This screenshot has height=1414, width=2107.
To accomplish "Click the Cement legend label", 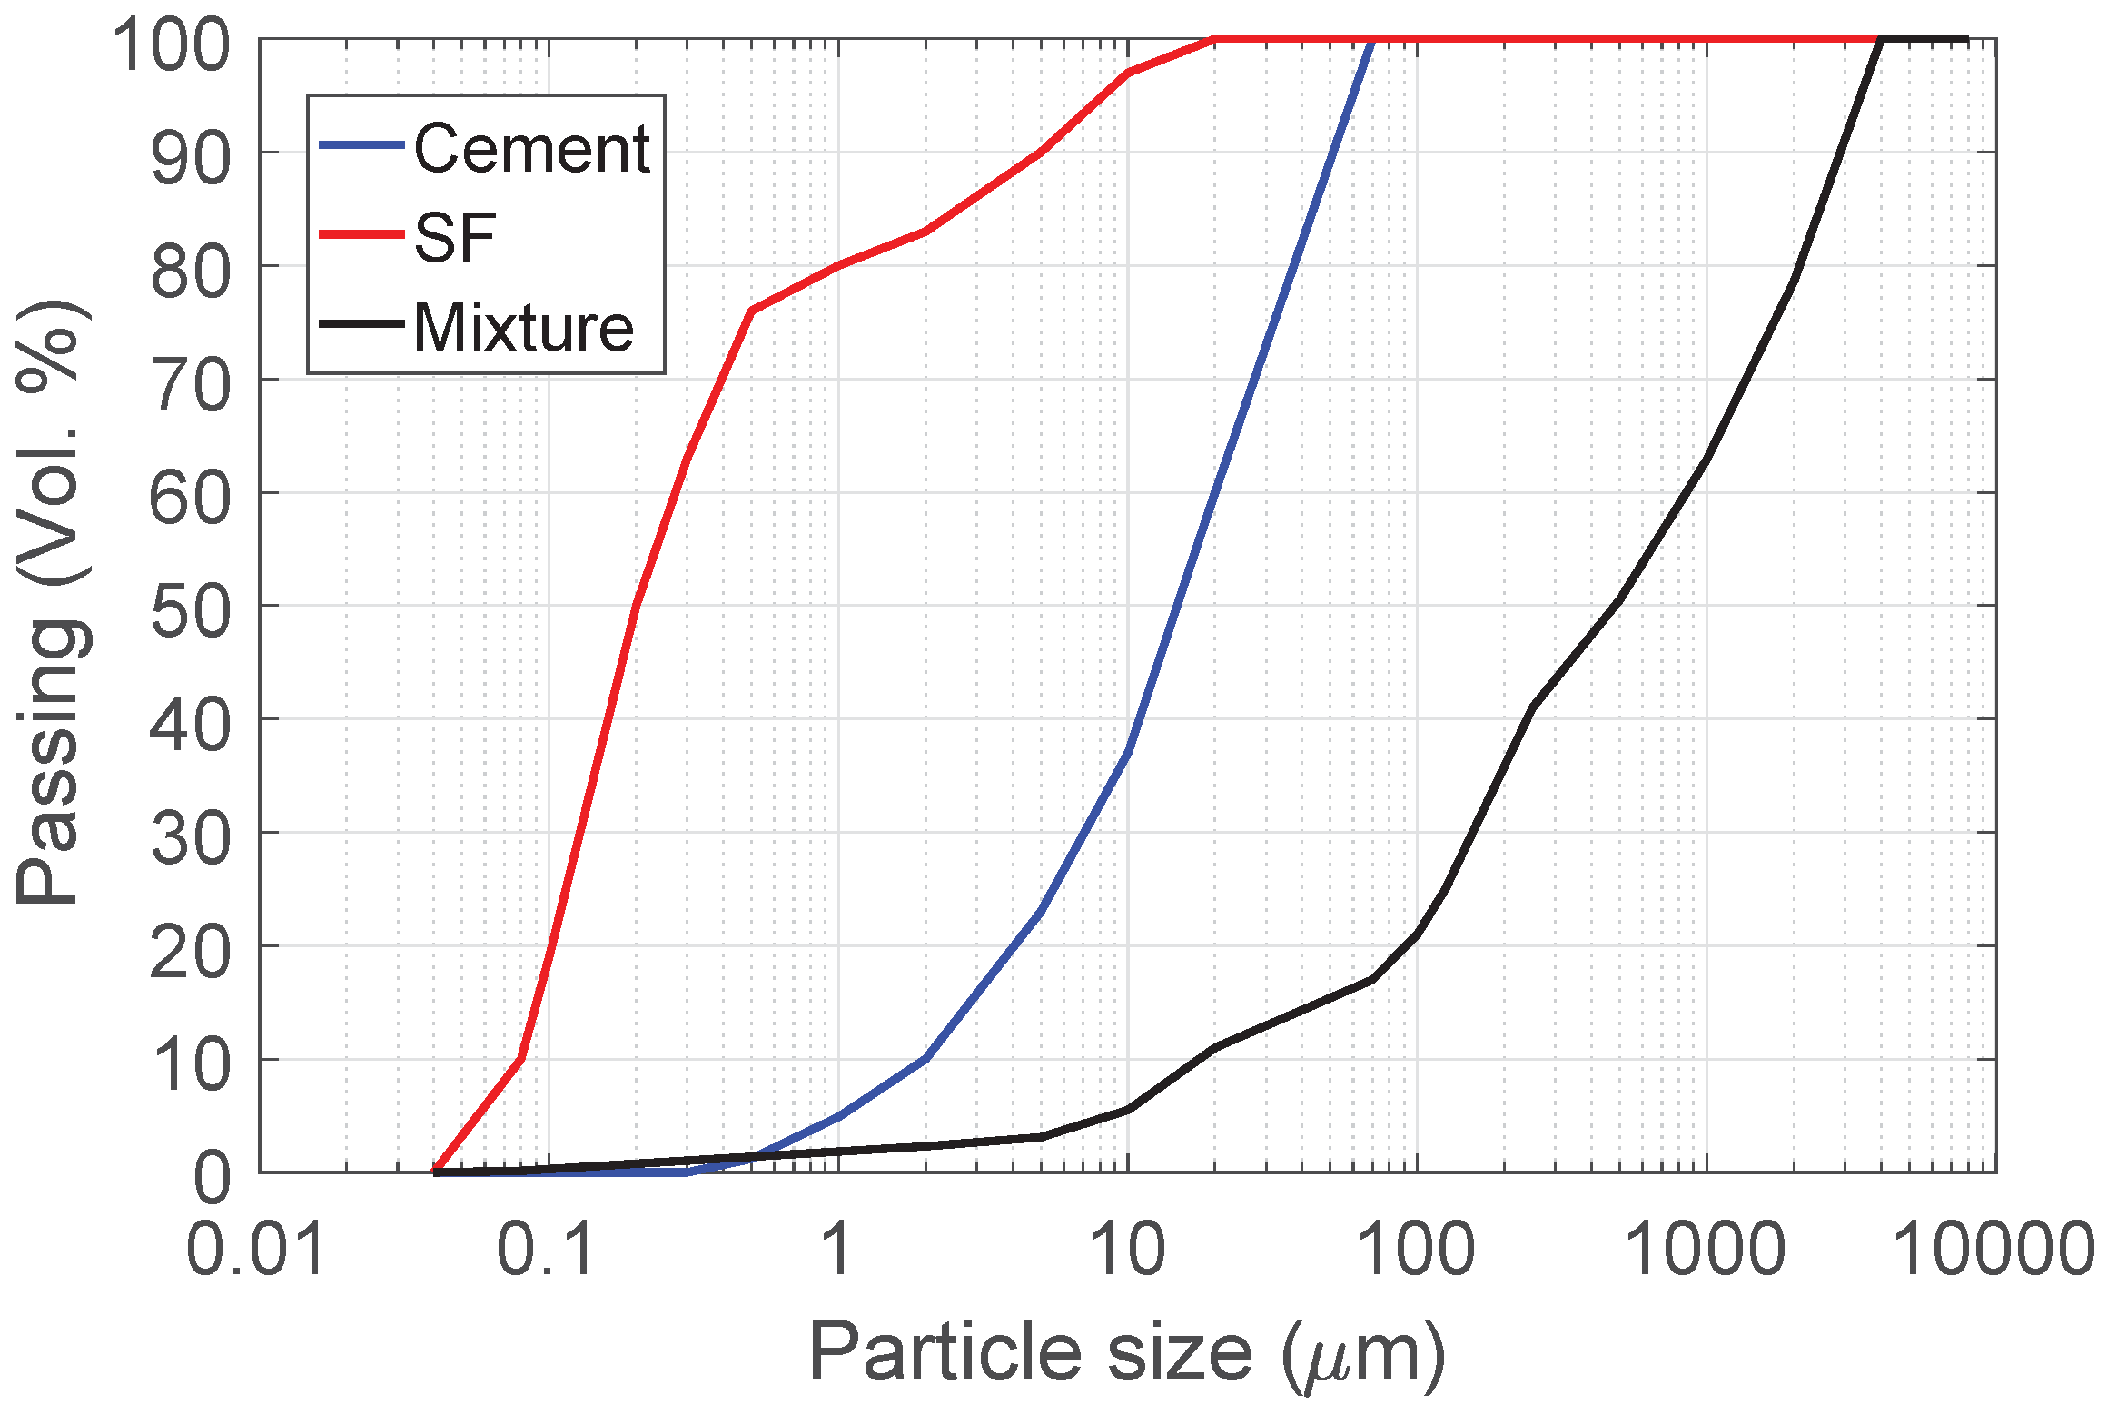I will coord(531,148).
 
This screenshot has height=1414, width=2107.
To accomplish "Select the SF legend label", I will coord(455,237).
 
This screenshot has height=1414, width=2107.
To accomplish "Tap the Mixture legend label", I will coord(523,327).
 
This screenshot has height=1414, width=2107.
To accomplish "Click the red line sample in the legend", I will coord(361,234).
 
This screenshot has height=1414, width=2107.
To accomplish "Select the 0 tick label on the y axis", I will coord(213,1179).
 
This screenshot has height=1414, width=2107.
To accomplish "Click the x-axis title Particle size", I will coord(1126,1353).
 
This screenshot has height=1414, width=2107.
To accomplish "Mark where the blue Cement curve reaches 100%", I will coord(1371,40).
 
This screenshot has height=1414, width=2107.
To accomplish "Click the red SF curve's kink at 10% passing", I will coord(519,1059).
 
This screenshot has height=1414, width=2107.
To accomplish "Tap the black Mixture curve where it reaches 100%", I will coord(1881,40).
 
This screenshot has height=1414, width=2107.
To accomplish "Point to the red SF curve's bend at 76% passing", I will coord(750,311).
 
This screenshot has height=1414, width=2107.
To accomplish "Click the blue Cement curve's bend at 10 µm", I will coord(1127,752).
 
